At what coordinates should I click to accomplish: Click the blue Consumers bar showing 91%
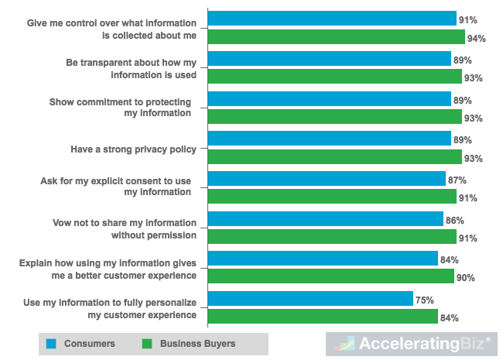click(x=332, y=19)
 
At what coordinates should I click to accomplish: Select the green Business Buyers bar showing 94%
click(x=337, y=37)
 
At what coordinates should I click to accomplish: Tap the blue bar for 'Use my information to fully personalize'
click(x=310, y=299)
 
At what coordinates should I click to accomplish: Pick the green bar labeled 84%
click(x=323, y=317)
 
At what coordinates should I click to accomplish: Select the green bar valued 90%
click(x=331, y=276)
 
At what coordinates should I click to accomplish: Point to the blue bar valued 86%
click(x=326, y=219)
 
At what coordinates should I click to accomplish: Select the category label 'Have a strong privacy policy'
click(x=134, y=149)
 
